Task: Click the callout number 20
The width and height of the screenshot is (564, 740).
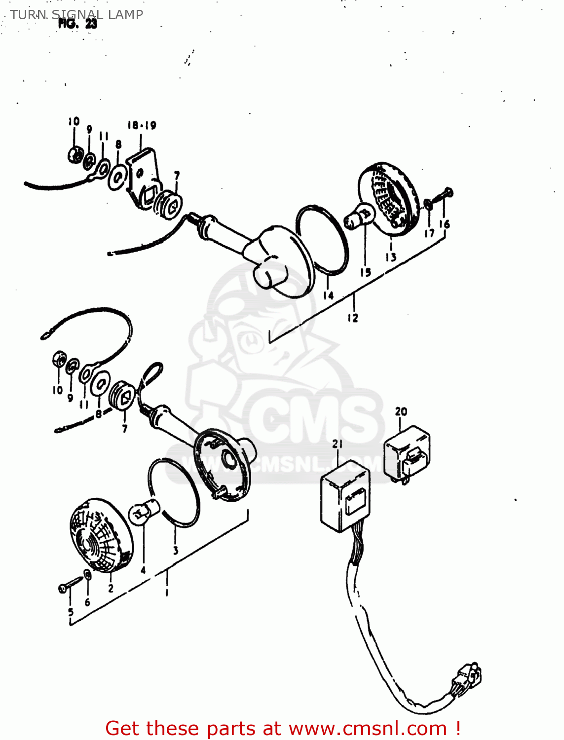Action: [x=401, y=411]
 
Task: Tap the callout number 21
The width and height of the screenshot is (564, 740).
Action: [x=338, y=444]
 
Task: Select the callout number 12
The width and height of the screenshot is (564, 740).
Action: [x=352, y=318]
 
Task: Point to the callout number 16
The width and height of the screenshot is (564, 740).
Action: [x=445, y=224]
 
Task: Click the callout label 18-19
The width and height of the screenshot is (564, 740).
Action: [x=142, y=125]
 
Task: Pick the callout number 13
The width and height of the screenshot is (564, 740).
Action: [x=391, y=257]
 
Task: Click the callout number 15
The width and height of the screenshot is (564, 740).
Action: [x=365, y=272]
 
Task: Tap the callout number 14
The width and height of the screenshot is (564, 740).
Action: [x=329, y=296]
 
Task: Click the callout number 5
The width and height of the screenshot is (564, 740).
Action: [x=71, y=612]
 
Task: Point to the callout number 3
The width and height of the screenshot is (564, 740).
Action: [x=176, y=551]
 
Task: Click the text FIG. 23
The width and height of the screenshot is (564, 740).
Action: [x=77, y=23]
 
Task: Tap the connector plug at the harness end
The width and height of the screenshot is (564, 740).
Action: [x=466, y=678]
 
